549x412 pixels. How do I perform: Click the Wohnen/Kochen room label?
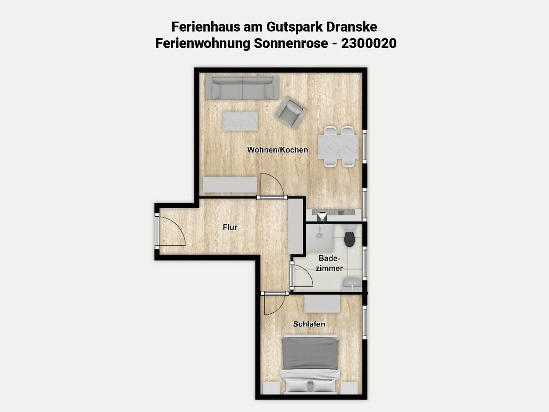(x=278, y=150)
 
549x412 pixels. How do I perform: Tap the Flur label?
(x=230, y=227)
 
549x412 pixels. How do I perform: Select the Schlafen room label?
(x=309, y=324)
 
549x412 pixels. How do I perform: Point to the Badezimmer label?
(x=329, y=263)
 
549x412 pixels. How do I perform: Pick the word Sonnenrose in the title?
(x=291, y=43)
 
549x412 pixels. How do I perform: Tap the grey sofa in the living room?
(x=242, y=88)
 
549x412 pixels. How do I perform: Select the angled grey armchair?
(x=291, y=112)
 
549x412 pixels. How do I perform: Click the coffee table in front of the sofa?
(x=240, y=121)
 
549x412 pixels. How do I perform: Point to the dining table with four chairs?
(x=339, y=147)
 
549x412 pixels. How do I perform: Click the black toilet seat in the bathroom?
(x=349, y=239)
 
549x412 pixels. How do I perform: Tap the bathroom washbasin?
(x=352, y=283)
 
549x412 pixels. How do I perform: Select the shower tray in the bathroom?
(x=319, y=238)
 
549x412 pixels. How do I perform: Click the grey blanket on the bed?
(x=310, y=353)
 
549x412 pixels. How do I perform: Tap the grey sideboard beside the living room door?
(x=230, y=185)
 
